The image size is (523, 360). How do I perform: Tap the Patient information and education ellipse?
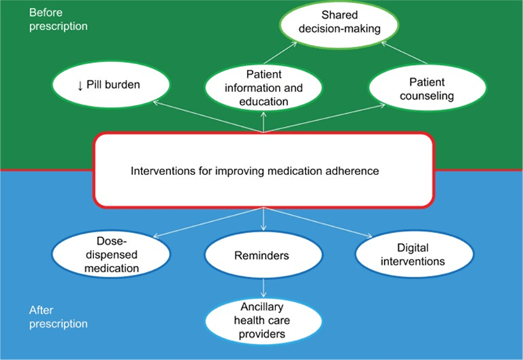tap(263, 88)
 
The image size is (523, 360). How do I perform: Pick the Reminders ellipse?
tap(263, 255)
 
